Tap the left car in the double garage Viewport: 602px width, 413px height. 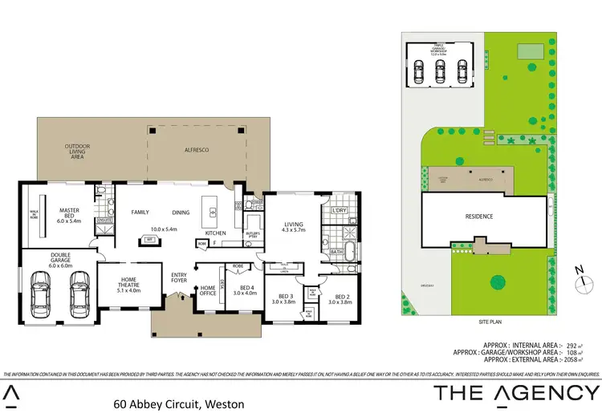[x=41, y=294]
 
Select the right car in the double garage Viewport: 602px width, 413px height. [x=78, y=294]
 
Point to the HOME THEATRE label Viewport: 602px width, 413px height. [x=118, y=285]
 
